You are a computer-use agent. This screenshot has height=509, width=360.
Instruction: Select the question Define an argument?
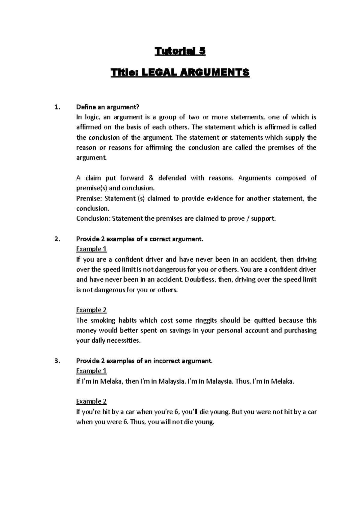(108, 107)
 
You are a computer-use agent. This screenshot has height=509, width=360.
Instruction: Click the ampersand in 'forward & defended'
(151, 178)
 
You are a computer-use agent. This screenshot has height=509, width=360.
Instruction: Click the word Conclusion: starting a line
(93, 219)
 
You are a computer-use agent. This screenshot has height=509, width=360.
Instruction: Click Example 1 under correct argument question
(91, 249)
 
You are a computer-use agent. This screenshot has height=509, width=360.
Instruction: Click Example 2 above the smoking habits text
(91, 310)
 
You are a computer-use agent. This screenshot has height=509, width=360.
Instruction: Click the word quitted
(264, 320)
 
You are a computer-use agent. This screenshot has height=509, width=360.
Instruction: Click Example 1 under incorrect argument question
(91, 371)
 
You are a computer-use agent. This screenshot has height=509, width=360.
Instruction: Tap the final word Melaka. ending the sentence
(282, 382)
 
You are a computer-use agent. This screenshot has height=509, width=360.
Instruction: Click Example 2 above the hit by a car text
(91, 401)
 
